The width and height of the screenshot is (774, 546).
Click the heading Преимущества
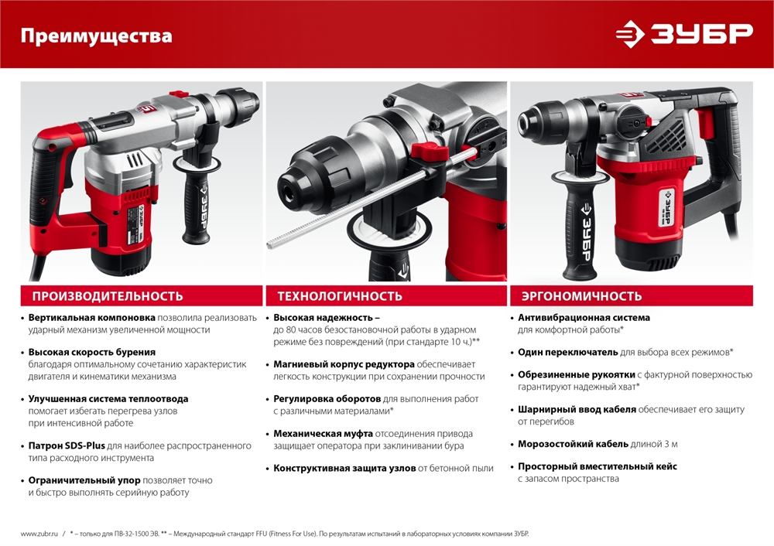[x=96, y=36]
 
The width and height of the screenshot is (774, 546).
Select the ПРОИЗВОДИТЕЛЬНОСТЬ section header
[x=108, y=296]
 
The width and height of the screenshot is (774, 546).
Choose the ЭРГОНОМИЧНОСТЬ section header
[x=581, y=296]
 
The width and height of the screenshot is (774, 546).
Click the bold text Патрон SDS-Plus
[x=67, y=445]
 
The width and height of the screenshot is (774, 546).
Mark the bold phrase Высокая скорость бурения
[x=87, y=352]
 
